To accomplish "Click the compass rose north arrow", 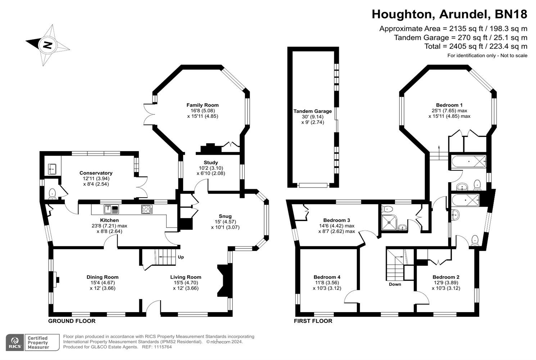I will (x=47, y=45).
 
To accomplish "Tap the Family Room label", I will (x=202, y=105).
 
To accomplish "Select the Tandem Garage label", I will (x=312, y=111).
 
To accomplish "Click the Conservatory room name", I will (x=96, y=173).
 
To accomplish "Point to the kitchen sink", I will (x=111, y=209).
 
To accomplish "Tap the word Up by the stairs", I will (x=181, y=257).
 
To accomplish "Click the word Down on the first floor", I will (x=395, y=284).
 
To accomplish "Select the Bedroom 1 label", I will (x=449, y=105).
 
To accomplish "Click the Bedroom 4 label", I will (x=327, y=277).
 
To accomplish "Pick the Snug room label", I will (x=225, y=216).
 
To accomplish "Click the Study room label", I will (x=210, y=163).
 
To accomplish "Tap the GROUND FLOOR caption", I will (x=72, y=321).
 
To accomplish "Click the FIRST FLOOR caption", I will (x=313, y=321).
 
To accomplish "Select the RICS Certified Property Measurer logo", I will (x=32, y=342).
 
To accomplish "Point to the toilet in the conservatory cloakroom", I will (x=53, y=193).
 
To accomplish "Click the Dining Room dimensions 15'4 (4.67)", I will (x=102, y=283).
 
